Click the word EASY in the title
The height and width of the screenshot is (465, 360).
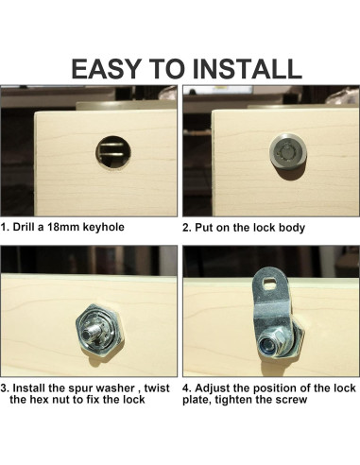pos(106,69)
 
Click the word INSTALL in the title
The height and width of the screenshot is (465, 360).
pos(248,69)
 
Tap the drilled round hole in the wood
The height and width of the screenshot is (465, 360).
pos(113,152)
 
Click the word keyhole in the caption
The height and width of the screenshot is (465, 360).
pos(103,228)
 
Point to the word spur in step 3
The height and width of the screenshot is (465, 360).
pos(81,388)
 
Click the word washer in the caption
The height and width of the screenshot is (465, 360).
pos(115,387)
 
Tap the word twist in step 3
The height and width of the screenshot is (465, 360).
pos(157,387)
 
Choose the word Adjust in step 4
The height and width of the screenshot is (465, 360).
pos(213,387)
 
